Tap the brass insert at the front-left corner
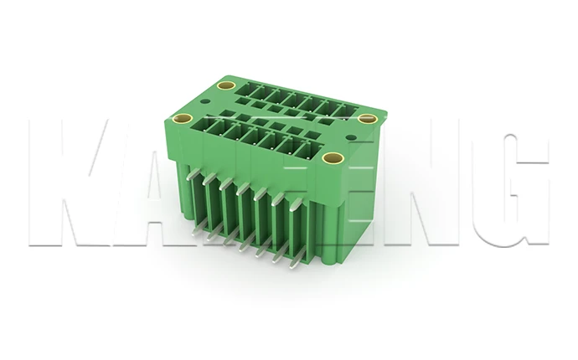click(187, 119)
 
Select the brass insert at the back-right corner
click(365, 119)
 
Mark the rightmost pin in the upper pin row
click(293, 201)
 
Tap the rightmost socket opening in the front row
click(307, 150)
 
